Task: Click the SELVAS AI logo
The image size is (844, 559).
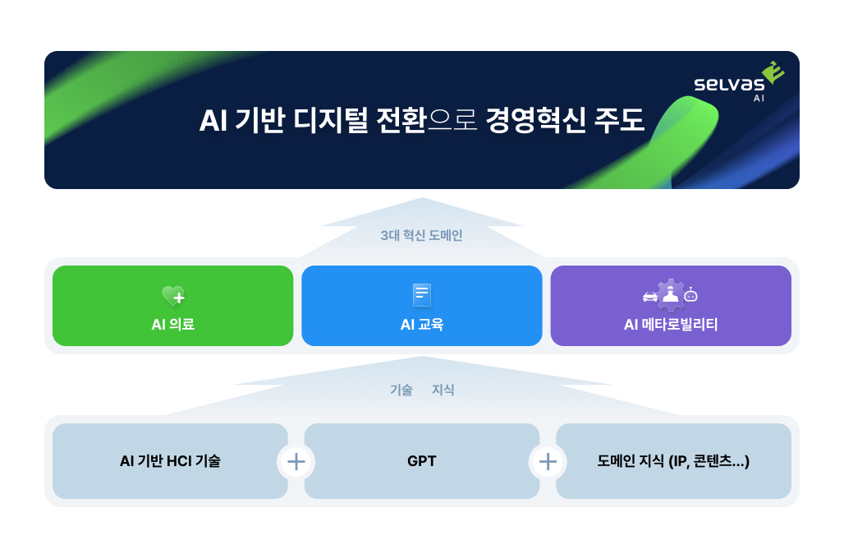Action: (x=737, y=83)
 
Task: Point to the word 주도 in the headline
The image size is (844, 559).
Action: (x=620, y=121)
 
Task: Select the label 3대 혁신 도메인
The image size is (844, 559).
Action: (x=421, y=235)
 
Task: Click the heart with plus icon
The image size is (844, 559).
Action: (x=173, y=296)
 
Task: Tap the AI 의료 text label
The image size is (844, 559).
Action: (x=172, y=325)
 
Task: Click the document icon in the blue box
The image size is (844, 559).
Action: (x=421, y=294)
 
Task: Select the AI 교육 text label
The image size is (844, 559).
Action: (x=421, y=325)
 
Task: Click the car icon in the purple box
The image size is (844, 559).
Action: (x=649, y=296)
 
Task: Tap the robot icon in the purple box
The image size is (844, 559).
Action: (x=691, y=294)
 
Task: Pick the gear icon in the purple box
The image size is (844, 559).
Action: (x=671, y=293)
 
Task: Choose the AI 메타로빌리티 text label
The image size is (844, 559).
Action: (x=671, y=325)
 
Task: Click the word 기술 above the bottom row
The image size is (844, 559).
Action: (x=401, y=390)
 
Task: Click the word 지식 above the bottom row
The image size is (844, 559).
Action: (x=443, y=390)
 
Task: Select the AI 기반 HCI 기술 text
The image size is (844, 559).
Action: (x=170, y=461)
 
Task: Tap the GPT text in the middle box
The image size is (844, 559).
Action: (x=421, y=461)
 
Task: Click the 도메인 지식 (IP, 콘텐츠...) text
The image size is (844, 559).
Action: (x=673, y=461)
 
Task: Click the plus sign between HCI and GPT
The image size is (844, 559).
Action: (x=296, y=461)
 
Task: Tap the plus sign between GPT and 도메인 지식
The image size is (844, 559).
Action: (x=548, y=461)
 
